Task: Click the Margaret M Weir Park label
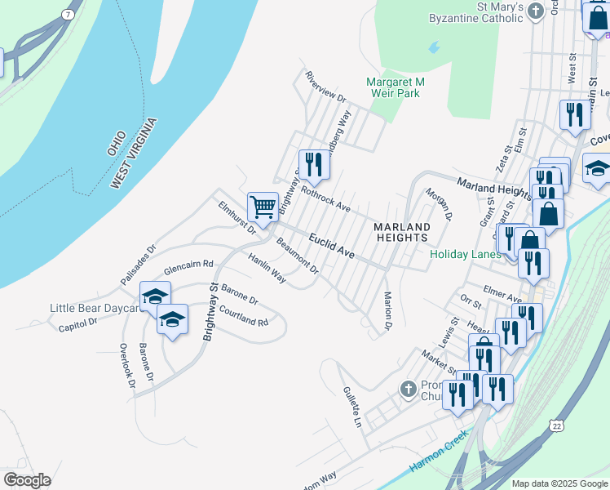click(x=396, y=87)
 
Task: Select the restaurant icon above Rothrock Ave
click(x=314, y=164)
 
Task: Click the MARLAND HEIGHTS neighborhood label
click(x=401, y=231)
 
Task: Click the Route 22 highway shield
click(x=556, y=425)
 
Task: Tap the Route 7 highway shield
click(x=67, y=15)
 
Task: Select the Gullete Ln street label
click(x=351, y=408)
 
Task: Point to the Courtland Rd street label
click(x=243, y=316)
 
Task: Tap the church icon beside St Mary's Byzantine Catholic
click(x=536, y=11)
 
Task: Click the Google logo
click(x=27, y=480)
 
